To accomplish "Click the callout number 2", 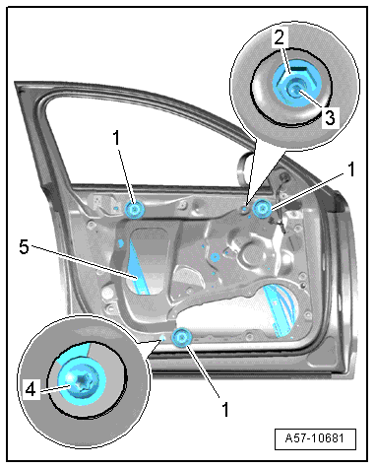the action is [x=280, y=37].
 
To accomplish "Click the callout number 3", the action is [x=330, y=117].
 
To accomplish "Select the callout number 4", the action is [x=31, y=390].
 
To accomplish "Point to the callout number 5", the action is [x=24, y=246].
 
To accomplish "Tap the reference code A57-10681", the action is [x=315, y=438].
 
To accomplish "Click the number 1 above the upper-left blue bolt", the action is [x=117, y=138].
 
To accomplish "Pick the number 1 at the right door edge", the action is [x=351, y=169].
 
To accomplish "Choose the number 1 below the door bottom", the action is [x=225, y=409].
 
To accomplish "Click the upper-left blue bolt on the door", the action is [x=135, y=209].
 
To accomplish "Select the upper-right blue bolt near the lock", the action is [x=263, y=208].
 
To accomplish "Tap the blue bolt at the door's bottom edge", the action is [x=181, y=337].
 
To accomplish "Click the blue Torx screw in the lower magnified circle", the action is [x=82, y=381].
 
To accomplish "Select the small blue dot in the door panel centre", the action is [x=215, y=256].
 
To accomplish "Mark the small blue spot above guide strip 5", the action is [x=120, y=243].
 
